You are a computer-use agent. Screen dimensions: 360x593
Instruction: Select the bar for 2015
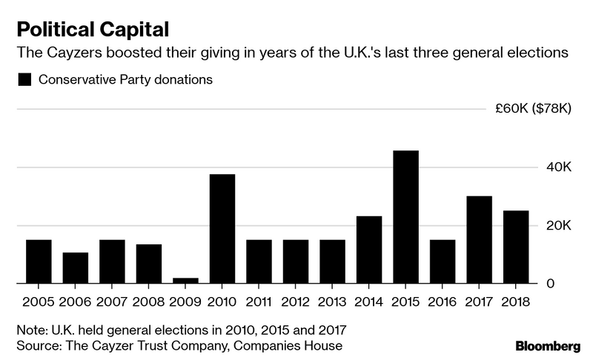tap(405, 217)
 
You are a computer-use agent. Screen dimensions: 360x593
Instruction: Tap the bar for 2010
tap(222, 229)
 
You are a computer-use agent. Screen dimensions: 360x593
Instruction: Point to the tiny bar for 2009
tap(185, 281)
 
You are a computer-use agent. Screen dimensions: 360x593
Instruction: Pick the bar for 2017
tap(479, 240)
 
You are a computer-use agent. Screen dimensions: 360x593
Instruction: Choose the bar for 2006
tap(75, 268)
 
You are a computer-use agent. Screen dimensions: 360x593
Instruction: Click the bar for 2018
tap(516, 247)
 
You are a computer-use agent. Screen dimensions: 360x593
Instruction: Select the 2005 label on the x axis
tap(39, 302)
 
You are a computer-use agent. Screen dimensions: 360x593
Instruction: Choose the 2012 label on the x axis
tap(295, 302)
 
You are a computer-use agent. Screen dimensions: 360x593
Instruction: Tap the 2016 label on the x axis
tap(443, 302)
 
